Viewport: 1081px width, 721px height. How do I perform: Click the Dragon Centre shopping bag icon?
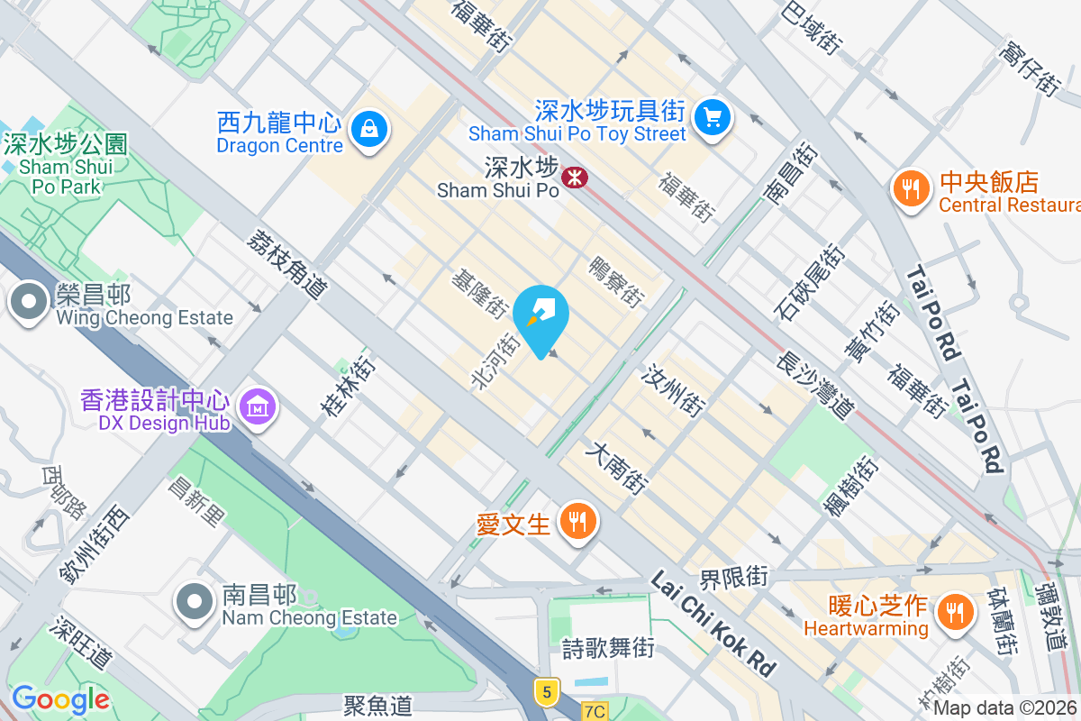(368, 128)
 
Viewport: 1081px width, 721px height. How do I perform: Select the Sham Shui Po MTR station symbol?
(574, 177)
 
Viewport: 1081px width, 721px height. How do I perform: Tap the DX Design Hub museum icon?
(259, 408)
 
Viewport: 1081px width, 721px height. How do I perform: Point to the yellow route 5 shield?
(546, 692)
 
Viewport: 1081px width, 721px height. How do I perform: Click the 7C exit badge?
(594, 711)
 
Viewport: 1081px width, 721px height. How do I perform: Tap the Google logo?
(60, 698)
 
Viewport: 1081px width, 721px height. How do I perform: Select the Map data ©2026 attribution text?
(1004, 708)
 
